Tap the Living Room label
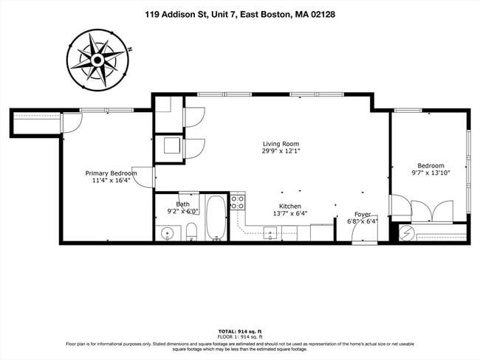pos(281,144)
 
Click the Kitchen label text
pos(289,206)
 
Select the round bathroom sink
pos(168,235)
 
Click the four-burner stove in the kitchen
pos(237,201)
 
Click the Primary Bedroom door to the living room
pos(144,177)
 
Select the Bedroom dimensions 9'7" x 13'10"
pos(431,173)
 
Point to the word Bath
pos(182,204)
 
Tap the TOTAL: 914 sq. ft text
pos(240,331)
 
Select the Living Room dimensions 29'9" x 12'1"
pos(281,151)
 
